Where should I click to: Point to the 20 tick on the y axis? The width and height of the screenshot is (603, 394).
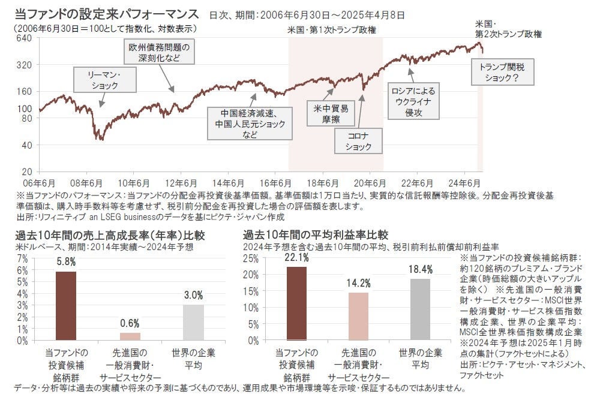pos(27,172)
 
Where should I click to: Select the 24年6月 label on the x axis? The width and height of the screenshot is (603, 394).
pos(466,183)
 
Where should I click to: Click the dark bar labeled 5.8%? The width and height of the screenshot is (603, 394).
pos(65,306)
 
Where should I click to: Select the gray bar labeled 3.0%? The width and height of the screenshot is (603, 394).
pos(193,322)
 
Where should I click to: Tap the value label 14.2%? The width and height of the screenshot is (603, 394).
pos(358,283)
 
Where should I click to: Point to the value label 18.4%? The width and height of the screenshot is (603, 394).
pos(419,269)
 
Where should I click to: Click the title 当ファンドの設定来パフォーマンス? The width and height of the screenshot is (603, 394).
pos(107,13)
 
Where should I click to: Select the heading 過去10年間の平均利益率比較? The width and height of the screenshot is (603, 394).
pos(316,234)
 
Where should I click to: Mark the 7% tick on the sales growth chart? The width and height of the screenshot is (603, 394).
pos(23,258)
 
